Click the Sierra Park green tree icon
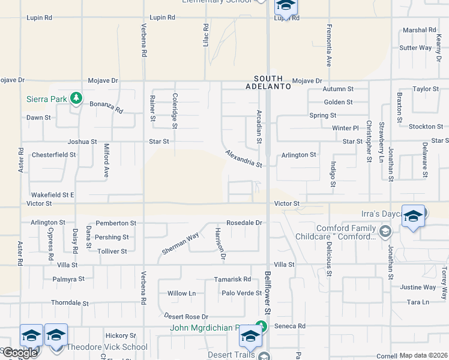pyautogui.click(x=76, y=97)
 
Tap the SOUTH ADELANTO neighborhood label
pyautogui.click(x=272, y=82)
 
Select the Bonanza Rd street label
pyautogui.click(x=106, y=107)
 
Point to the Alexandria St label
pyautogui.click(x=244, y=159)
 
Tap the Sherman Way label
pyautogui.click(x=180, y=244)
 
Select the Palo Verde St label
pyautogui.click(x=242, y=293)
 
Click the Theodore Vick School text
pyautogui.click(x=107, y=347)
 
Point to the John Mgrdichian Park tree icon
pyautogui.click(x=261, y=326)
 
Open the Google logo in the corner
pyautogui.click(x=19, y=353)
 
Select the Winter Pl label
pyautogui.click(x=345, y=128)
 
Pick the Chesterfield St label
pyautogui.click(x=53, y=154)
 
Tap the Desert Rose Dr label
pyautogui.click(x=186, y=316)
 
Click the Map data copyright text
pyautogui.click(x=423, y=355)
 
